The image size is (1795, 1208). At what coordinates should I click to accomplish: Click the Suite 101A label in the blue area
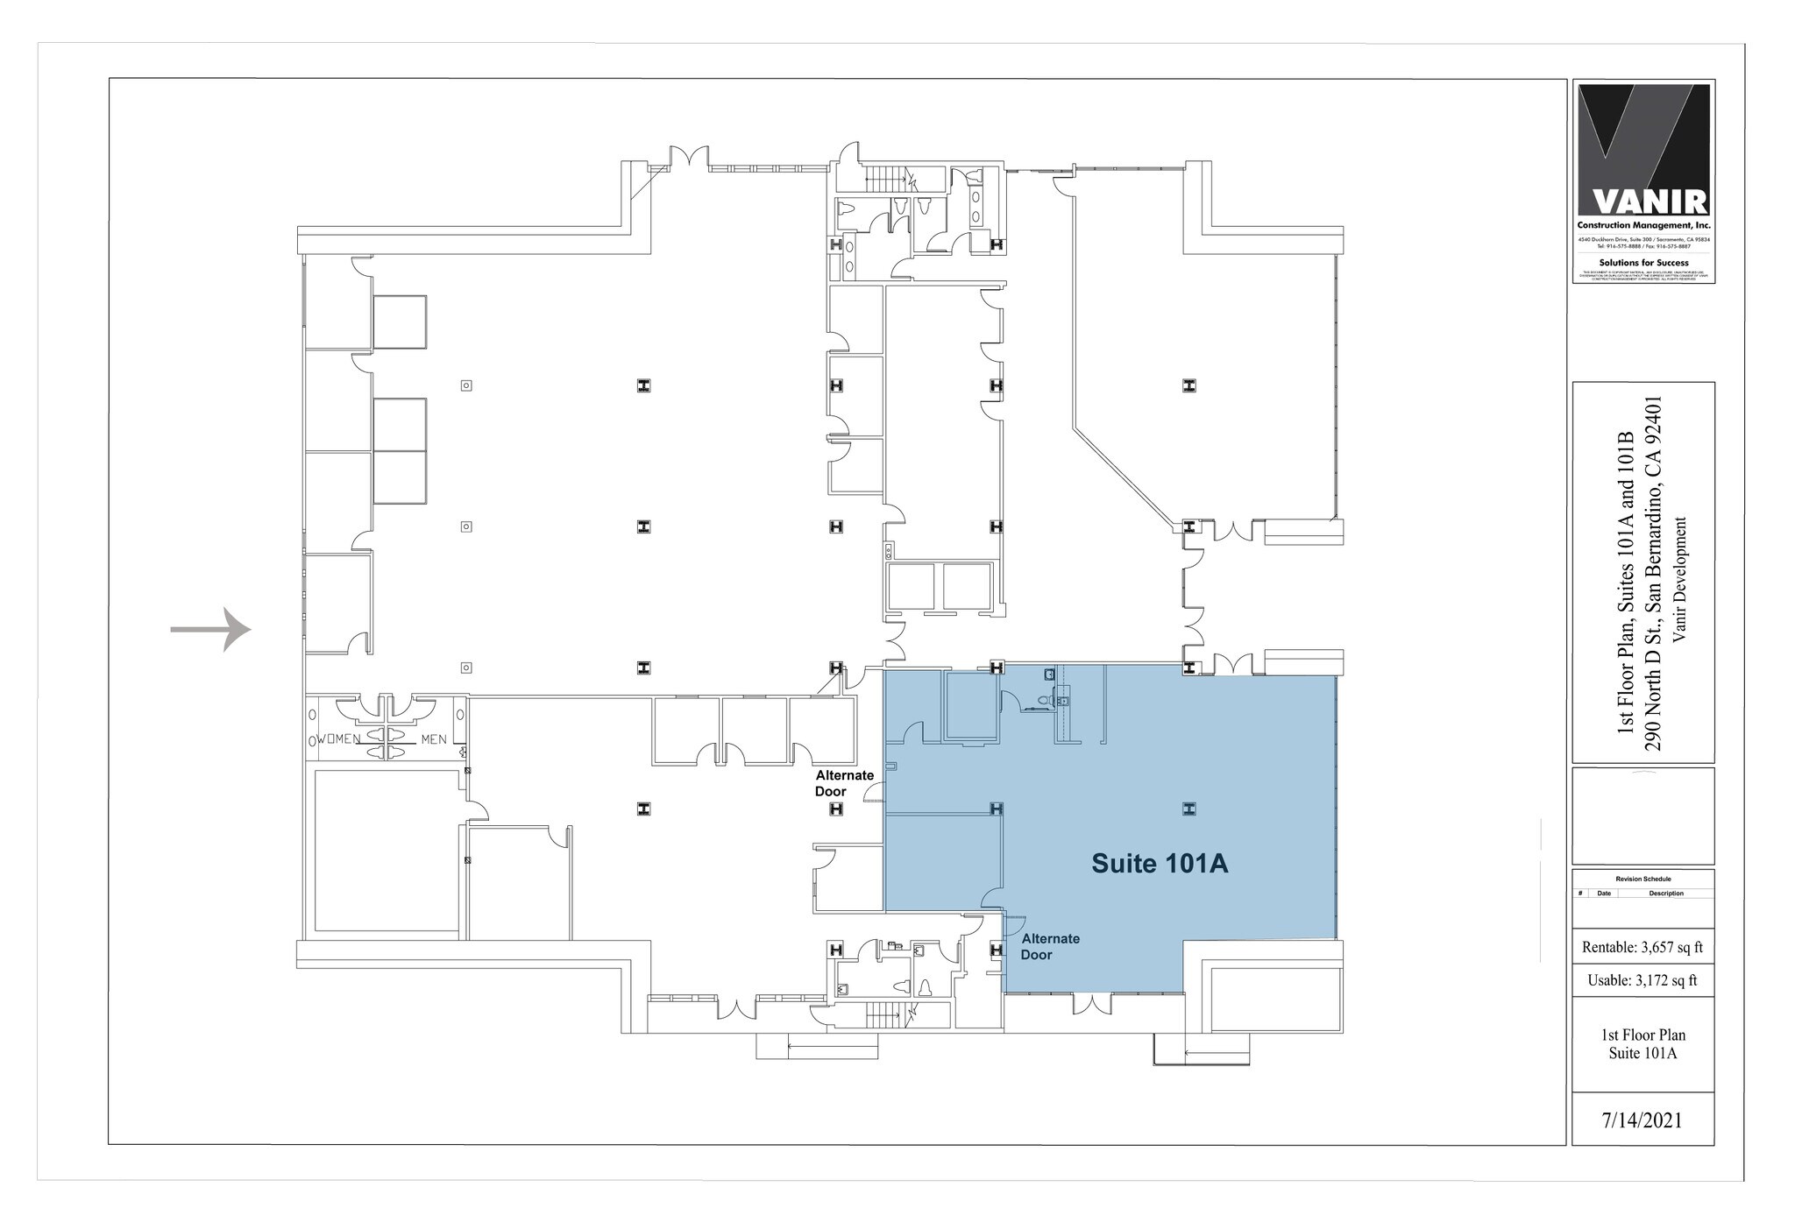pos(1159,864)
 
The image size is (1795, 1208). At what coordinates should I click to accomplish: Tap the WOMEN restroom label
pos(338,739)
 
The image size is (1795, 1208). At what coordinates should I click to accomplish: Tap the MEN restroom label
pos(433,739)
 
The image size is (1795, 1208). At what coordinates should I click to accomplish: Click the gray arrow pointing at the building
pos(211,629)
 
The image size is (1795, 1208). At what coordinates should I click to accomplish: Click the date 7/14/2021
pos(1642,1120)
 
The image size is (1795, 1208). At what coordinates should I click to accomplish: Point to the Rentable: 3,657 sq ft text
pos(1642,947)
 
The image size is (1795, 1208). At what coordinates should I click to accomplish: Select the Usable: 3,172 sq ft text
pos(1642,980)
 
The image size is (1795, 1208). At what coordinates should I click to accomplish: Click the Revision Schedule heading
pos(1642,879)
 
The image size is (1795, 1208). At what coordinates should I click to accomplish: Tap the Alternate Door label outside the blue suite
pos(844,783)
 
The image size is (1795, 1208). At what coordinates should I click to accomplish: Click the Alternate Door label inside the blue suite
pos(1050,946)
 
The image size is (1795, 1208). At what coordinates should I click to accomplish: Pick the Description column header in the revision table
pos(1665,894)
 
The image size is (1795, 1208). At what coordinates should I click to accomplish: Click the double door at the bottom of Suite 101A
pos(1090,1003)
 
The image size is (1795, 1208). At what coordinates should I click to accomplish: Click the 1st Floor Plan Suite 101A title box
pos(1642,1044)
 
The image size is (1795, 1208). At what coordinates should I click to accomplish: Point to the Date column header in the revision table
pos(1603,894)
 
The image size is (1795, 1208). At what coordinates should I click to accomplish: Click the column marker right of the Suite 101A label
pos(1188,809)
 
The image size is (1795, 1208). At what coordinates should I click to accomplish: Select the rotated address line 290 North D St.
pos(1654,572)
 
